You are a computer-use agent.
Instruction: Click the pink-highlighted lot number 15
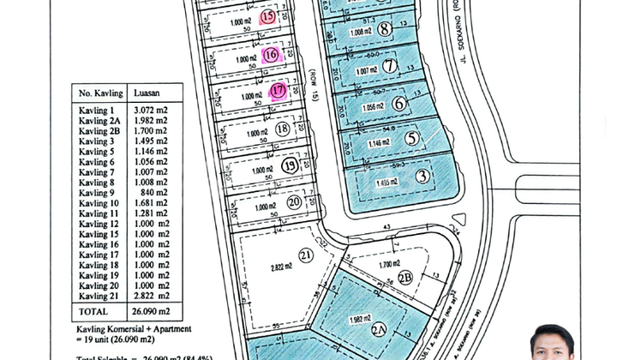click(268, 16)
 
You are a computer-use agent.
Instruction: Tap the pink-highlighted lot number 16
click(271, 55)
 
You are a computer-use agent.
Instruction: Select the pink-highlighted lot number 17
click(278, 91)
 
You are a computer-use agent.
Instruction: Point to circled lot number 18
click(283, 129)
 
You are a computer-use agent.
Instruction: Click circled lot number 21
click(306, 255)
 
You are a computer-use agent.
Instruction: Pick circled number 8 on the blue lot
click(385, 29)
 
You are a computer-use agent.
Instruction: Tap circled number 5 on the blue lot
click(412, 138)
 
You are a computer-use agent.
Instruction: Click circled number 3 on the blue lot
click(422, 177)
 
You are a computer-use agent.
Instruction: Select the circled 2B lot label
click(405, 278)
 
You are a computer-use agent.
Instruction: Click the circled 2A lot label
click(379, 330)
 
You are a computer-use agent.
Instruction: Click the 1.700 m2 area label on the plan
click(390, 266)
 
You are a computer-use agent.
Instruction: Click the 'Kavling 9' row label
click(96, 193)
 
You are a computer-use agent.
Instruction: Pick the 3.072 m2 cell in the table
click(150, 111)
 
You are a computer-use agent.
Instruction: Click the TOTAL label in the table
click(93, 312)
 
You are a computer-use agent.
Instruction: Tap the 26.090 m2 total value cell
click(152, 312)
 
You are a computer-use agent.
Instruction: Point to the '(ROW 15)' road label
click(314, 85)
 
